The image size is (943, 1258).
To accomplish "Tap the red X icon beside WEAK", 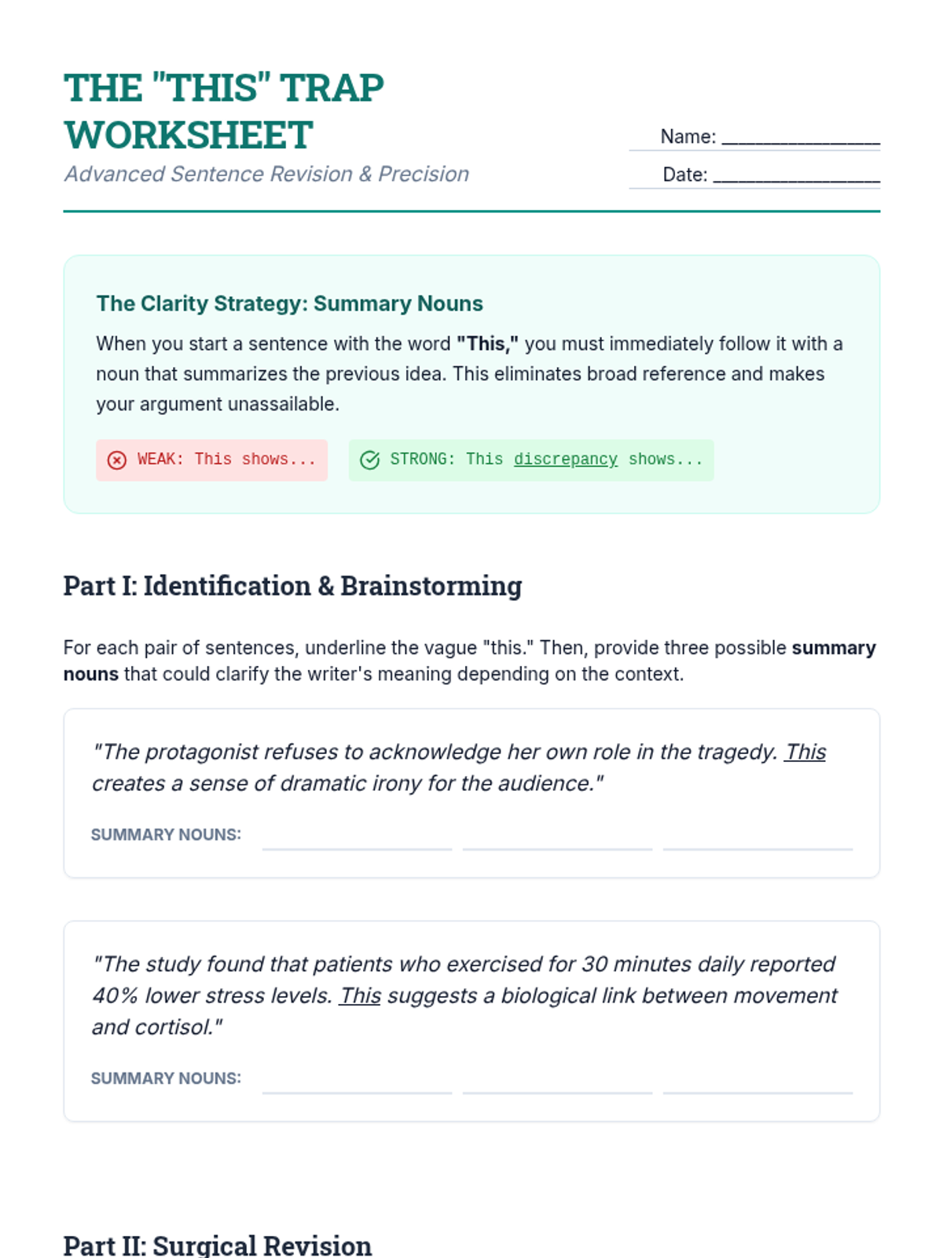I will pyautogui.click(x=117, y=460).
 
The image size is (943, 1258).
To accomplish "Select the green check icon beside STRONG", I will pyautogui.click(x=369, y=460).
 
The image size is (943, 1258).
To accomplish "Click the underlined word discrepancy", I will pyautogui.click(x=565, y=459).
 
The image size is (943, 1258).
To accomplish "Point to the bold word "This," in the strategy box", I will pyautogui.click(x=487, y=344).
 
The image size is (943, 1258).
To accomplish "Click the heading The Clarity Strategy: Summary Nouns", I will pyautogui.click(x=289, y=303).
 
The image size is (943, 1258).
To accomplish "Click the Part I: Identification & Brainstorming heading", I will pyautogui.click(x=292, y=586).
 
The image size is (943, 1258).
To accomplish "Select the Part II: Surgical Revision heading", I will pyautogui.click(x=217, y=1245).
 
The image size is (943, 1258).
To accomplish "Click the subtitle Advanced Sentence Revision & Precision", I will pyautogui.click(x=266, y=174).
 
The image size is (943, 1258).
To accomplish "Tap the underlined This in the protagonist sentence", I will pyautogui.click(x=805, y=752).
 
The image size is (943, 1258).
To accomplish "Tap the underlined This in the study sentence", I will pyautogui.click(x=360, y=996).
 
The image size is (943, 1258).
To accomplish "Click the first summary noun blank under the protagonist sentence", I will pyautogui.click(x=357, y=840).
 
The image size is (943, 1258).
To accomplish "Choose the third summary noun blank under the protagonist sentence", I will pyautogui.click(x=758, y=840).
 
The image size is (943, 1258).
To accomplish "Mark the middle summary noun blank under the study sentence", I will pyautogui.click(x=557, y=1083).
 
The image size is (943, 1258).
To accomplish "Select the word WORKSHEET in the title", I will pyautogui.click(x=189, y=135).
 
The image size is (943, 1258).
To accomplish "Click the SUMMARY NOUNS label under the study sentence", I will pyautogui.click(x=166, y=1079).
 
